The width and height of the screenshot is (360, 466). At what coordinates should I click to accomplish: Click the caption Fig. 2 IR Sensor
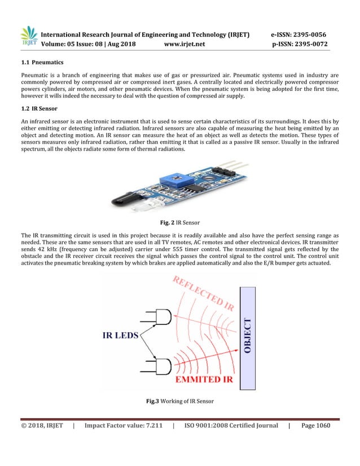coord(179,222)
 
